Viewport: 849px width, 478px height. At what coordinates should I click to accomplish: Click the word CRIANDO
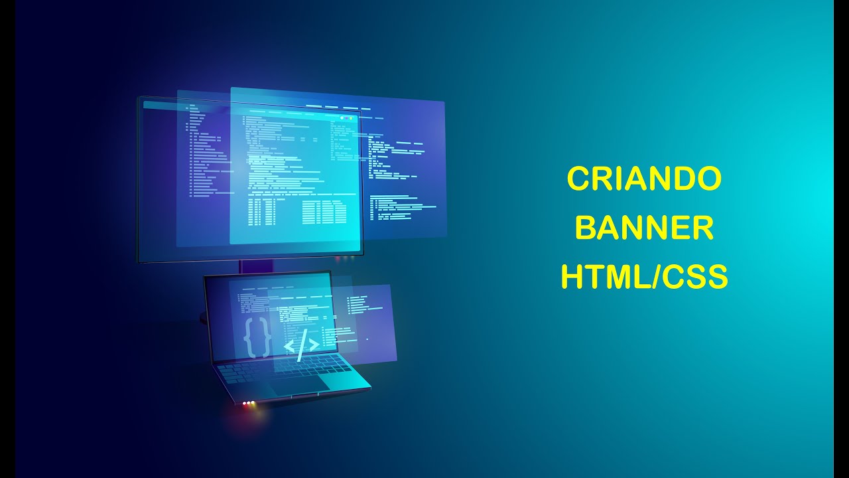pos(644,179)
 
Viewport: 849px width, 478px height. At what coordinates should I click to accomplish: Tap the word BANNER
pos(644,228)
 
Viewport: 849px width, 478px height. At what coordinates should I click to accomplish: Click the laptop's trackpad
pos(298,383)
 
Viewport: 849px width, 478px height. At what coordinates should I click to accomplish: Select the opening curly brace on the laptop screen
pos(249,337)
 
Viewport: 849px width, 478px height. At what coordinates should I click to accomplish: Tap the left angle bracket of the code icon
pos(289,346)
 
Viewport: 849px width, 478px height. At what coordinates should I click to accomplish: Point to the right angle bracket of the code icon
pos(312,345)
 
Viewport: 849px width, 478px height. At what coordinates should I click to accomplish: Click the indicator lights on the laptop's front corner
pos(249,403)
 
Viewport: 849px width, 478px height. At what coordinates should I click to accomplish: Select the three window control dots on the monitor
pos(345,118)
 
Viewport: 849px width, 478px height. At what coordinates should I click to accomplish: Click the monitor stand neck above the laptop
pos(255,266)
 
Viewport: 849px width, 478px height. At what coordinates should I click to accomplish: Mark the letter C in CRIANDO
pos(578,179)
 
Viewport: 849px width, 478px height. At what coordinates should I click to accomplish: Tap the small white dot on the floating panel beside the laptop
pos(367,339)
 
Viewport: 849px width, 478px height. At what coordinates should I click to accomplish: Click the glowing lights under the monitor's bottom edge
pos(341,258)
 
